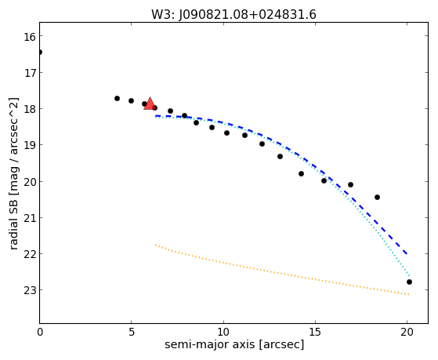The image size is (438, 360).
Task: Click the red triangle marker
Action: pyautogui.click(x=150, y=104)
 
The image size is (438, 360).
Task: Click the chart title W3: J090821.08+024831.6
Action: pyautogui.click(x=233, y=15)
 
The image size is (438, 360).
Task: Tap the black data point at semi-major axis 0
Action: pyautogui.click(x=40, y=52)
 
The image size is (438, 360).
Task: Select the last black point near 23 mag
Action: pyautogui.click(x=409, y=282)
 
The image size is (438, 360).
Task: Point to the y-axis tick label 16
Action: pyautogui.click(x=30, y=37)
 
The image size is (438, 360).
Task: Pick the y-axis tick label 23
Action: pyautogui.click(x=30, y=291)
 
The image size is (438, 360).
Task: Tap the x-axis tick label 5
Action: pyautogui.click(x=132, y=332)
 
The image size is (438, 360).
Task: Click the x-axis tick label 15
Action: pyautogui.click(x=315, y=332)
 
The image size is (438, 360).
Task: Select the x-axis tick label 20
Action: pyautogui.click(x=407, y=332)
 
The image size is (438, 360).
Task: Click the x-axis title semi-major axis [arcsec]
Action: pyautogui.click(x=234, y=344)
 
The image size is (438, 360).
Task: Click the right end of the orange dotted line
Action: pyautogui.click(x=409, y=294)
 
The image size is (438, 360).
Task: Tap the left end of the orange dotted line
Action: pyautogui.click(x=156, y=245)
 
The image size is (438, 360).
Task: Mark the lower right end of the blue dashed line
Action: pyautogui.click(x=407, y=254)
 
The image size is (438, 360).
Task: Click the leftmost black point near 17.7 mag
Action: pyautogui.click(x=117, y=99)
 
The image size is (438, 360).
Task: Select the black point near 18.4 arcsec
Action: pyautogui.click(x=377, y=197)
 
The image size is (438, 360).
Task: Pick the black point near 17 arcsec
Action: pyautogui.click(x=350, y=184)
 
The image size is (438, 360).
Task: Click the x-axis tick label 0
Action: pyautogui.click(x=40, y=332)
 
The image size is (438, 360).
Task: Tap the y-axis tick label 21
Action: pyautogui.click(x=30, y=219)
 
